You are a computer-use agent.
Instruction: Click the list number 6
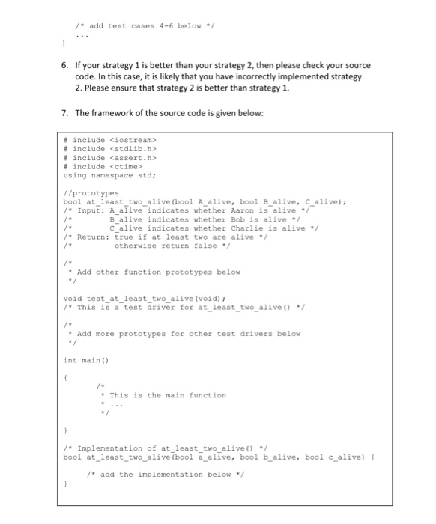[64, 66]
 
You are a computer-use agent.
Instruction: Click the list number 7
[64, 112]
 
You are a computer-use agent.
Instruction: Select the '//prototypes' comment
[90, 192]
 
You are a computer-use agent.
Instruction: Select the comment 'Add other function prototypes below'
[146, 272]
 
